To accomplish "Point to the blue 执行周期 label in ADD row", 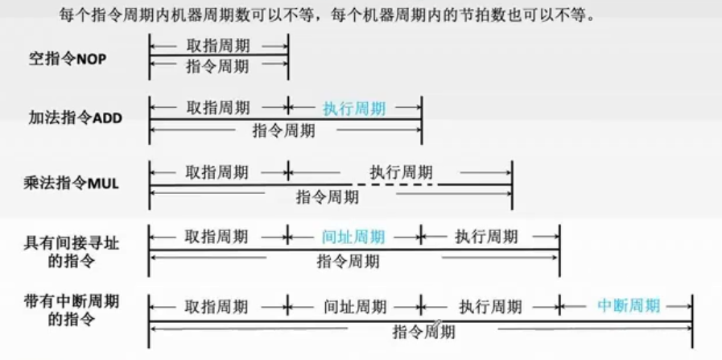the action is point(354,109).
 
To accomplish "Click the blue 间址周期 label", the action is point(353,237).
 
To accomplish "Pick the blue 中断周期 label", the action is point(629,305).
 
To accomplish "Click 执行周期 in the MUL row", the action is point(401,172).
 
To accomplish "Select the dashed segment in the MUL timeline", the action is point(394,185).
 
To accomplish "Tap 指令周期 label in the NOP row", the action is point(217,67).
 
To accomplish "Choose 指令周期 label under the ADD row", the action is point(283,130).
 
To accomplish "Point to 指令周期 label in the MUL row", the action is point(328,197).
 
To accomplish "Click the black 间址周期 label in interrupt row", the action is point(355,307).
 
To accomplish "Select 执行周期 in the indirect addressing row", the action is point(486,237).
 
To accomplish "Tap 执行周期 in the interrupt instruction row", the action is point(490,307).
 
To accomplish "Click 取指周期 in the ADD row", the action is point(217,108).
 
